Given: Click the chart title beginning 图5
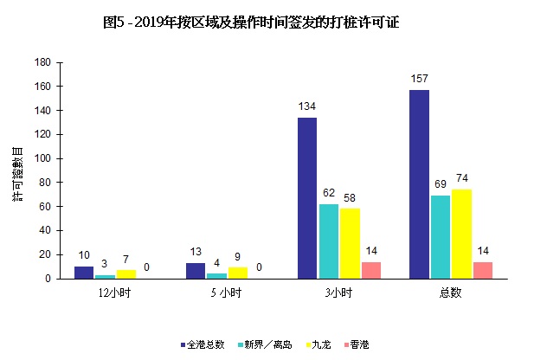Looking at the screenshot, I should coord(251,22).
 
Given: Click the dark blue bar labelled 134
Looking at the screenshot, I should coord(307,198).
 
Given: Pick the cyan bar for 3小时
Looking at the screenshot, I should coord(329,241).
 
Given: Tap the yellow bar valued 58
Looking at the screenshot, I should coord(351,244).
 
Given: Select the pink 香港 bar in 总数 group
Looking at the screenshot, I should coord(483,270).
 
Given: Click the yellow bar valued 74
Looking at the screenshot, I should coord(461,234).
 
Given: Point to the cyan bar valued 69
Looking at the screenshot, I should coord(441,237).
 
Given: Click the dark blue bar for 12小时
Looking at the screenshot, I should coord(84,273).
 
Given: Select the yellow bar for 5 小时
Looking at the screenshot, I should coord(238,273).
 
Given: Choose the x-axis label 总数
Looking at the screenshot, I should coord(450,292).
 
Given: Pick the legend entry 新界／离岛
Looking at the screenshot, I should coord(261,344).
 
